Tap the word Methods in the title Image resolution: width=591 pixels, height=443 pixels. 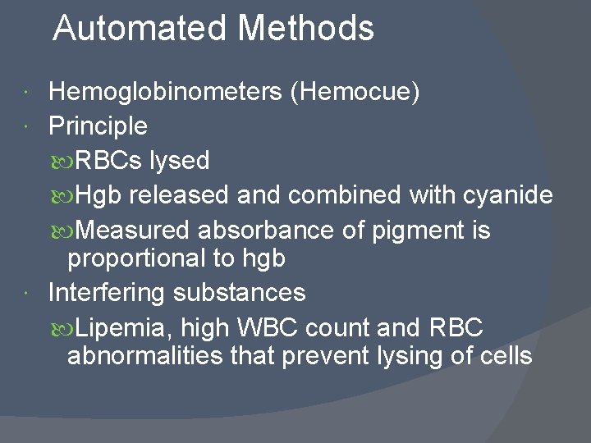[306, 29]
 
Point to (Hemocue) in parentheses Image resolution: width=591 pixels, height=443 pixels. [355, 93]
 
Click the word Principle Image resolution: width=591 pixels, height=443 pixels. [98, 126]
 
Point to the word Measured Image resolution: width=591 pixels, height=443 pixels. [137, 230]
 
